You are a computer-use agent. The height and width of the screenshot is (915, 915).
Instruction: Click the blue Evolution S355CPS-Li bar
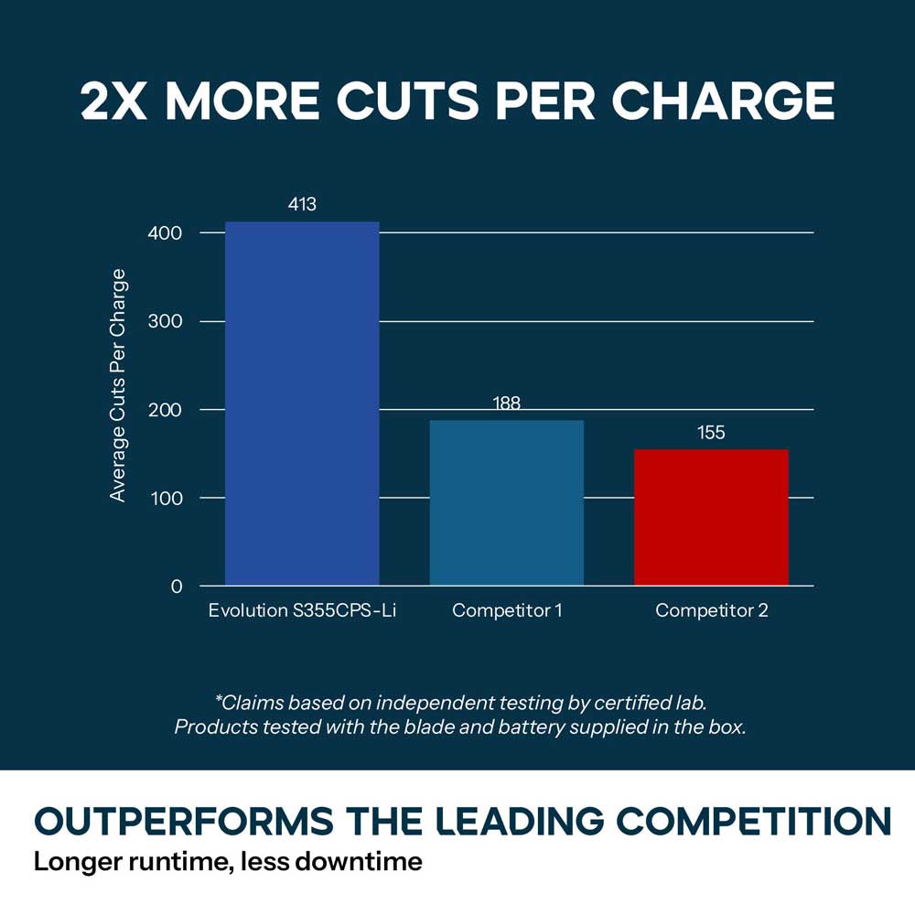pos(302,404)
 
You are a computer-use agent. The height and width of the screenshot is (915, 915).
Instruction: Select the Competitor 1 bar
pos(507,502)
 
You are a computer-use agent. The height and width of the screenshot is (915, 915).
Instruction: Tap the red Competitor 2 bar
pos(711,517)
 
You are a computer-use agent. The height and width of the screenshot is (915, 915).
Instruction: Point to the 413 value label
pos(302,204)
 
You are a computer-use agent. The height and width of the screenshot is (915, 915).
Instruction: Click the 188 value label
pos(507,404)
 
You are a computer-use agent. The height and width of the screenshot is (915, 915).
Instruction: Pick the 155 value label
pos(711,433)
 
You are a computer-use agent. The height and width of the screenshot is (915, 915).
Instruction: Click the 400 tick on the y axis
pos(165,233)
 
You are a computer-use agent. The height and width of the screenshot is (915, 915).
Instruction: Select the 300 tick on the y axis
pos(165,321)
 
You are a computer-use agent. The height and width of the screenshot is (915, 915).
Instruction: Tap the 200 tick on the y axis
pos(165,410)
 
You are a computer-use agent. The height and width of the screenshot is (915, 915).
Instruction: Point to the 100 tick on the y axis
pos(167,499)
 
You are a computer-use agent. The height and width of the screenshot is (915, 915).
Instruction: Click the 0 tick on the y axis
pos(177,587)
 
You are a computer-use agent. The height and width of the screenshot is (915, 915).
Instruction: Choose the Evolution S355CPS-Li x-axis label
pos(302,610)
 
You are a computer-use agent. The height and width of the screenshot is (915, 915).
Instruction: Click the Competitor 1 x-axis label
pos(507,610)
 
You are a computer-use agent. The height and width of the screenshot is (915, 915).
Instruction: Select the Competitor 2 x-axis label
pos(712,610)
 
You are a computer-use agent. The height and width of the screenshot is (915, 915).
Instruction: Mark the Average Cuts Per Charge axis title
pos(118,385)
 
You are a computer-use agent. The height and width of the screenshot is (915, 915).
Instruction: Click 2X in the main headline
pos(113,101)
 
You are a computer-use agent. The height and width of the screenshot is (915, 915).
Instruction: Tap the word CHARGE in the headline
pos(723,101)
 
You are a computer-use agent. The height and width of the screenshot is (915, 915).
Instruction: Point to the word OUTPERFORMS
pos(184,821)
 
